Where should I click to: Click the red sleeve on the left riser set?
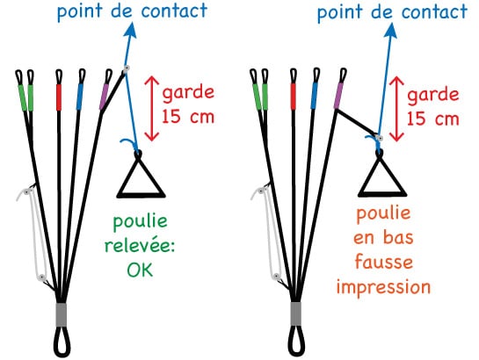pyautogui.click(x=59, y=97)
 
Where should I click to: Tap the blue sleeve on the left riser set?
pyautogui.click(x=80, y=97)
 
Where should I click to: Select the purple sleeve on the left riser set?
pyautogui.click(x=104, y=97)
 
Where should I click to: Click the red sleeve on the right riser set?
pyautogui.click(x=294, y=97)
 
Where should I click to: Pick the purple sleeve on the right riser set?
pyautogui.click(x=338, y=96)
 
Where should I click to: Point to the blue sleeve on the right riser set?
pyautogui.click(x=314, y=96)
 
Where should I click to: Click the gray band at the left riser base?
pyautogui.click(x=62, y=315)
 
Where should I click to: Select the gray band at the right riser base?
pyautogui.click(x=295, y=314)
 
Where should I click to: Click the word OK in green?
pyautogui.click(x=140, y=270)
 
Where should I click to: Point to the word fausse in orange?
pyautogui.click(x=384, y=263)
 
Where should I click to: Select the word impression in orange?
pyautogui.click(x=384, y=288)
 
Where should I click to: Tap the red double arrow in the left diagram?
pyautogui.click(x=151, y=109)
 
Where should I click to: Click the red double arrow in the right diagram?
pyautogui.click(x=396, y=109)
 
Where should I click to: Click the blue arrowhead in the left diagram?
pyautogui.click(x=131, y=31)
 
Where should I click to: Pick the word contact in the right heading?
pyautogui.click(x=434, y=12)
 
